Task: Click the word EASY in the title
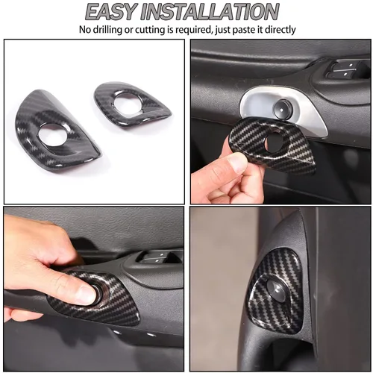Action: [111, 12]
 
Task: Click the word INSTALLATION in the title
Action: [210, 12]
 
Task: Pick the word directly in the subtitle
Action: [280, 30]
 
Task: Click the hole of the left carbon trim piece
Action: [52, 134]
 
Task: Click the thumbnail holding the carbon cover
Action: [236, 163]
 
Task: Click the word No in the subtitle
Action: [84, 30]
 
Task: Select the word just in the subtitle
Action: [223, 30]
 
